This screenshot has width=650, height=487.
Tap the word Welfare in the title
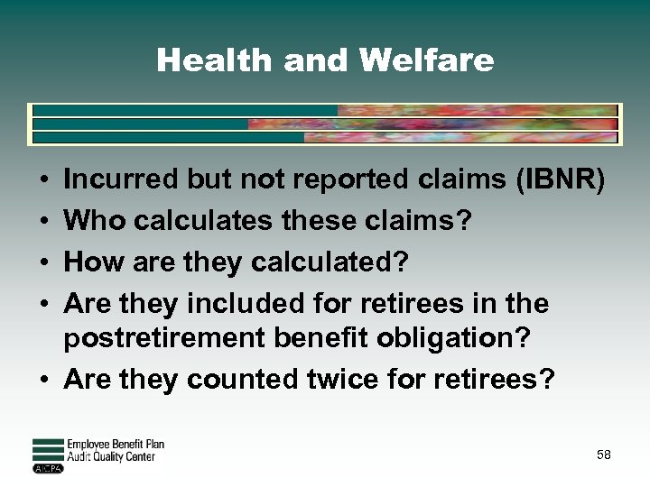click(x=426, y=60)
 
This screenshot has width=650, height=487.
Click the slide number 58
click(x=603, y=455)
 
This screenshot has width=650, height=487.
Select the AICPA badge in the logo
click(x=48, y=468)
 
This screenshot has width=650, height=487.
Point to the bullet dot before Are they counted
click(x=44, y=381)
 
